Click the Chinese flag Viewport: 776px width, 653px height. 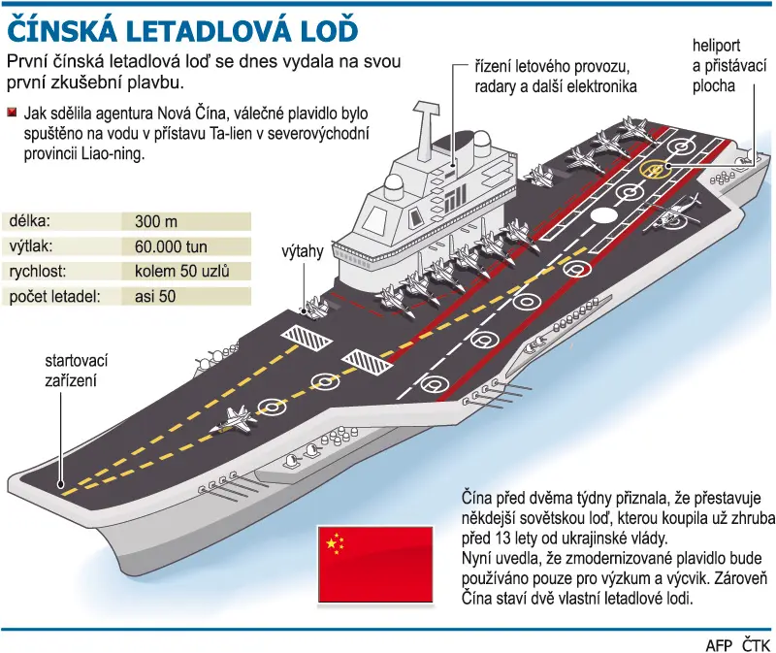[375, 565]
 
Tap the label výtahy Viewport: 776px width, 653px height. [303, 251]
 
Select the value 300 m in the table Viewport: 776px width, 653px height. [156, 221]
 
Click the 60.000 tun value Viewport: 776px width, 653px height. [171, 246]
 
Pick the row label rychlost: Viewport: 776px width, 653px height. [38, 272]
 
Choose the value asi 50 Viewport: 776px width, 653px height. [155, 296]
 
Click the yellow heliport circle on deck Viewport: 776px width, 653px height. [654, 170]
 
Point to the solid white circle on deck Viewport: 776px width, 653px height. [603, 214]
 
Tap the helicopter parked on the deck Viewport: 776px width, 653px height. [673, 213]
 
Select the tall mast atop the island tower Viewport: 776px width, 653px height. [427, 130]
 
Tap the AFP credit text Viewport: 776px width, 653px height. [719, 645]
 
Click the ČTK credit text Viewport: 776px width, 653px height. [757, 644]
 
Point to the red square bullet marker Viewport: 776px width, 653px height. [12, 113]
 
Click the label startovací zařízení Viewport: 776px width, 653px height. [76, 371]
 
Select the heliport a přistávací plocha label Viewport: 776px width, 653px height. [728, 66]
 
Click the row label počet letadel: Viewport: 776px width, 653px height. [54, 296]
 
